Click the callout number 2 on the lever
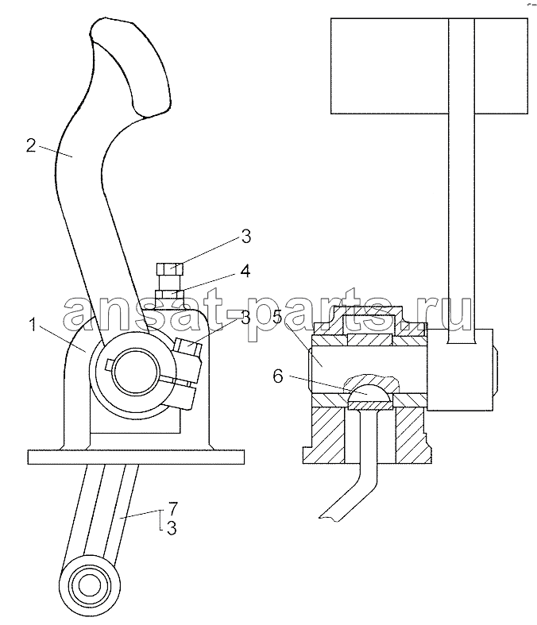tap(31, 146)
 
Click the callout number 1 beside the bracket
tap(34, 326)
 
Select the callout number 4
tap(245, 271)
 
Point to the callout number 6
tap(278, 376)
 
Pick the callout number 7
tap(172, 507)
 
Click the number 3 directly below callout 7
tap(172, 529)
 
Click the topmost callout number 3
tap(246, 237)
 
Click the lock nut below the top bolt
tap(168, 294)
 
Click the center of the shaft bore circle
tap(131, 372)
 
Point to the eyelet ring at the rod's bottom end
tap(90, 584)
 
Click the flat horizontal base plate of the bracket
tap(136, 457)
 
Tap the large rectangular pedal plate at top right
tap(429, 66)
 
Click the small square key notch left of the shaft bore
tap(110, 365)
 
